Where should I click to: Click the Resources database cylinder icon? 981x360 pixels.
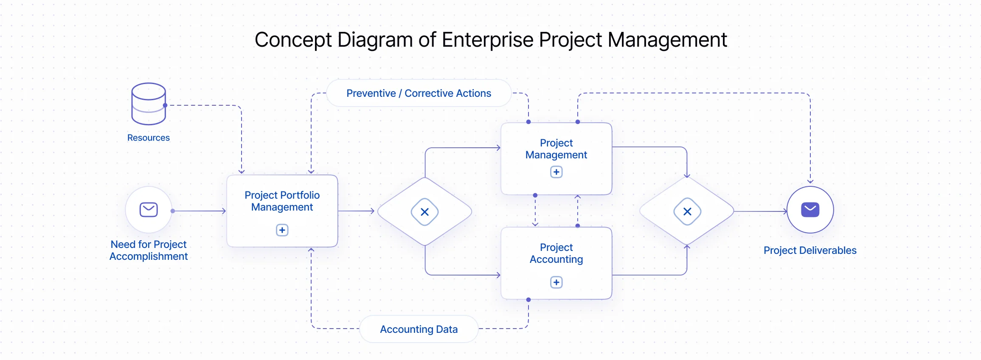coord(149,104)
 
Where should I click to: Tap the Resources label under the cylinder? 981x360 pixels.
coord(149,138)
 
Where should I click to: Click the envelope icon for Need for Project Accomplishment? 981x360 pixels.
coord(149,209)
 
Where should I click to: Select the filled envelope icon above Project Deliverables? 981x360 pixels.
coord(810,209)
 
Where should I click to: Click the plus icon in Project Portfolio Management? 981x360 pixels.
coord(282,230)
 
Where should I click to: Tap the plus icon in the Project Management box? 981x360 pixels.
coord(556,172)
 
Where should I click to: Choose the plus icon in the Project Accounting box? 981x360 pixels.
coord(556,282)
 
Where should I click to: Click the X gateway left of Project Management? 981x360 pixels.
coord(424,211)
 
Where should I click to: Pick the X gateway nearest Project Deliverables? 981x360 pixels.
coord(687,211)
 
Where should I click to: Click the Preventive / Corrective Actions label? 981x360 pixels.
coord(419,93)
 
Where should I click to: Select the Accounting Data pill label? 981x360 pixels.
coord(419,329)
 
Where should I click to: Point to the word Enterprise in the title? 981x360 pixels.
coord(487,40)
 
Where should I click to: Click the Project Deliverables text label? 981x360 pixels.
coord(810,250)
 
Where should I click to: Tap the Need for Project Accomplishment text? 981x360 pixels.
coord(149,250)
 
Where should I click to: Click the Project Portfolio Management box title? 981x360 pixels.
coord(282,201)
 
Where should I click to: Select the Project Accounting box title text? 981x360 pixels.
coord(556,253)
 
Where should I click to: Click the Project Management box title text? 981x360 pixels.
coord(556,149)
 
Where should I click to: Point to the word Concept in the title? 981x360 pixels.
coord(293,40)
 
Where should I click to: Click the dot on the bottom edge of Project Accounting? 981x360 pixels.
coord(528,300)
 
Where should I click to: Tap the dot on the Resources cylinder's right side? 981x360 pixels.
coord(165,105)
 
